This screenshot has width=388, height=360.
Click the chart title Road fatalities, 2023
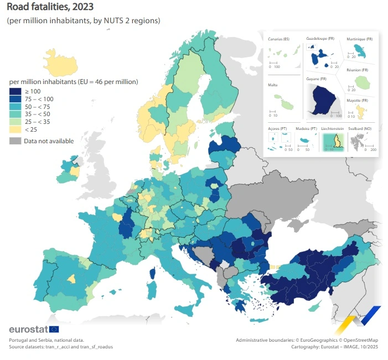tap(50, 7)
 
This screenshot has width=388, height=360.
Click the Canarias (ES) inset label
tap(278, 39)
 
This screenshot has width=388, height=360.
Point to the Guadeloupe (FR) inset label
tap(320, 39)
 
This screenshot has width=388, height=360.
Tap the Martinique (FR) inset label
tap(359, 39)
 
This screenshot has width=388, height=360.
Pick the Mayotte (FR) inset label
tap(357, 100)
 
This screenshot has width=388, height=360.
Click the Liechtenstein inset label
tap(333, 128)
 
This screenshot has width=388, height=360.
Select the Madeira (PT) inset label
tap(306, 128)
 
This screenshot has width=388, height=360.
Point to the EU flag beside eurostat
tap(54, 330)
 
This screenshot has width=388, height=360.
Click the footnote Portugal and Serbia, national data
tap(46, 340)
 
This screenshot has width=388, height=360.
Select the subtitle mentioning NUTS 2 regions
tap(83, 20)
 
